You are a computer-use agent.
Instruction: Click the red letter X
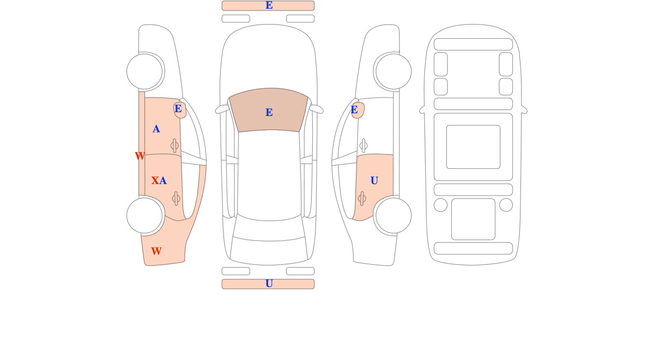coord(155,181)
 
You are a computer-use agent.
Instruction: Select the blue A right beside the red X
coord(163,181)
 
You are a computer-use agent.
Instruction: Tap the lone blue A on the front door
coord(156,129)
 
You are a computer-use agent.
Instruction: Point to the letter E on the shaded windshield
coord(269,112)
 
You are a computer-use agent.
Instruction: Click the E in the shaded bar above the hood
coord(269,5)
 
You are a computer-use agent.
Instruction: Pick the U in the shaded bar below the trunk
coord(269,284)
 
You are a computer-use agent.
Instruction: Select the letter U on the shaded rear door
coord(374,181)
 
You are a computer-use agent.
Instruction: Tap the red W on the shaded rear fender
coord(156,251)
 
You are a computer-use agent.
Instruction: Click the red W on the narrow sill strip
coord(140,156)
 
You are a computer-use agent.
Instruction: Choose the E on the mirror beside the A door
coord(178,108)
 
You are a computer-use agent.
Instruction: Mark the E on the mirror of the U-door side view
coord(354,109)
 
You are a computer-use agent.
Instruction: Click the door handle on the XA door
coord(176,199)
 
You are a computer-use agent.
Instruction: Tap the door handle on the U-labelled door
coord(362,199)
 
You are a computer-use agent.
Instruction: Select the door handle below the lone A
coord(174,145)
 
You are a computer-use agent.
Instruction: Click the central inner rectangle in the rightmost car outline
coord(473,147)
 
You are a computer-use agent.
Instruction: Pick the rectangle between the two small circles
coord(473,219)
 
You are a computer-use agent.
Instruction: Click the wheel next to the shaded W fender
coord(144,216)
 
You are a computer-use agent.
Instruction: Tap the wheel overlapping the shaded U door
coord(393,216)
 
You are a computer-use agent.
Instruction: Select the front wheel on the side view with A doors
coord(144,71)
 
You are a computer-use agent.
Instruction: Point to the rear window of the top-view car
coord(269,228)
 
